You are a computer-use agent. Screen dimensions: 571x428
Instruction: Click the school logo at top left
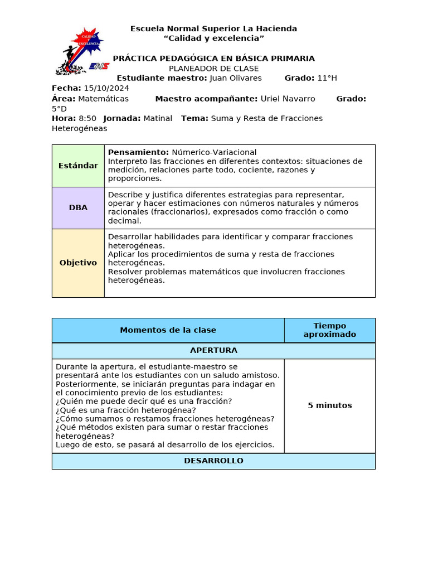[81, 51]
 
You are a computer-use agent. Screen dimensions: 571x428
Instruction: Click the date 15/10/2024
[106, 88]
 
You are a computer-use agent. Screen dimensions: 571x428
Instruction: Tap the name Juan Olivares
[235, 78]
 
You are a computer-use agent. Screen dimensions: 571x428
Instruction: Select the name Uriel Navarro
[288, 99]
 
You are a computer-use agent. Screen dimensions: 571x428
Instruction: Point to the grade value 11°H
[326, 78]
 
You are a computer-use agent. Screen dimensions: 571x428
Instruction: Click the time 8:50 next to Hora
[87, 118]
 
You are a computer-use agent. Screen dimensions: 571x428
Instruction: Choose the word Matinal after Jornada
[158, 118]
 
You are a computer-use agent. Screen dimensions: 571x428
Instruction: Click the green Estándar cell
[78, 166]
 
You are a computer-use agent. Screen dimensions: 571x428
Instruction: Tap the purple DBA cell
[78, 207]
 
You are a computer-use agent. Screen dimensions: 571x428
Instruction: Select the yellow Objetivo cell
[78, 263]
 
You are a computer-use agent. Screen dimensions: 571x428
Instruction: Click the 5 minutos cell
[329, 405]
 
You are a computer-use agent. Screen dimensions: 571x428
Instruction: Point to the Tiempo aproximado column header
[329, 330]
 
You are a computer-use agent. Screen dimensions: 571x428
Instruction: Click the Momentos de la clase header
[168, 330]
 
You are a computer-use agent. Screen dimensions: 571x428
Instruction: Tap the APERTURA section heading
[213, 351]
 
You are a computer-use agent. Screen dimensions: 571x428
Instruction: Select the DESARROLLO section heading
[213, 461]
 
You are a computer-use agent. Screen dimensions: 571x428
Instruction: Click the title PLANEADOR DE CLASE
[213, 69]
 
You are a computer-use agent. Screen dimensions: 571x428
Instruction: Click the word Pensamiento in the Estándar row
[138, 152]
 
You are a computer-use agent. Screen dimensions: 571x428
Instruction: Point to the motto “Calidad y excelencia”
[213, 38]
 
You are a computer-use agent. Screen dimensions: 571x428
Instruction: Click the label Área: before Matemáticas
[64, 99]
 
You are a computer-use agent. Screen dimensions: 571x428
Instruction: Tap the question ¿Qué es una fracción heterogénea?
[126, 410]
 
